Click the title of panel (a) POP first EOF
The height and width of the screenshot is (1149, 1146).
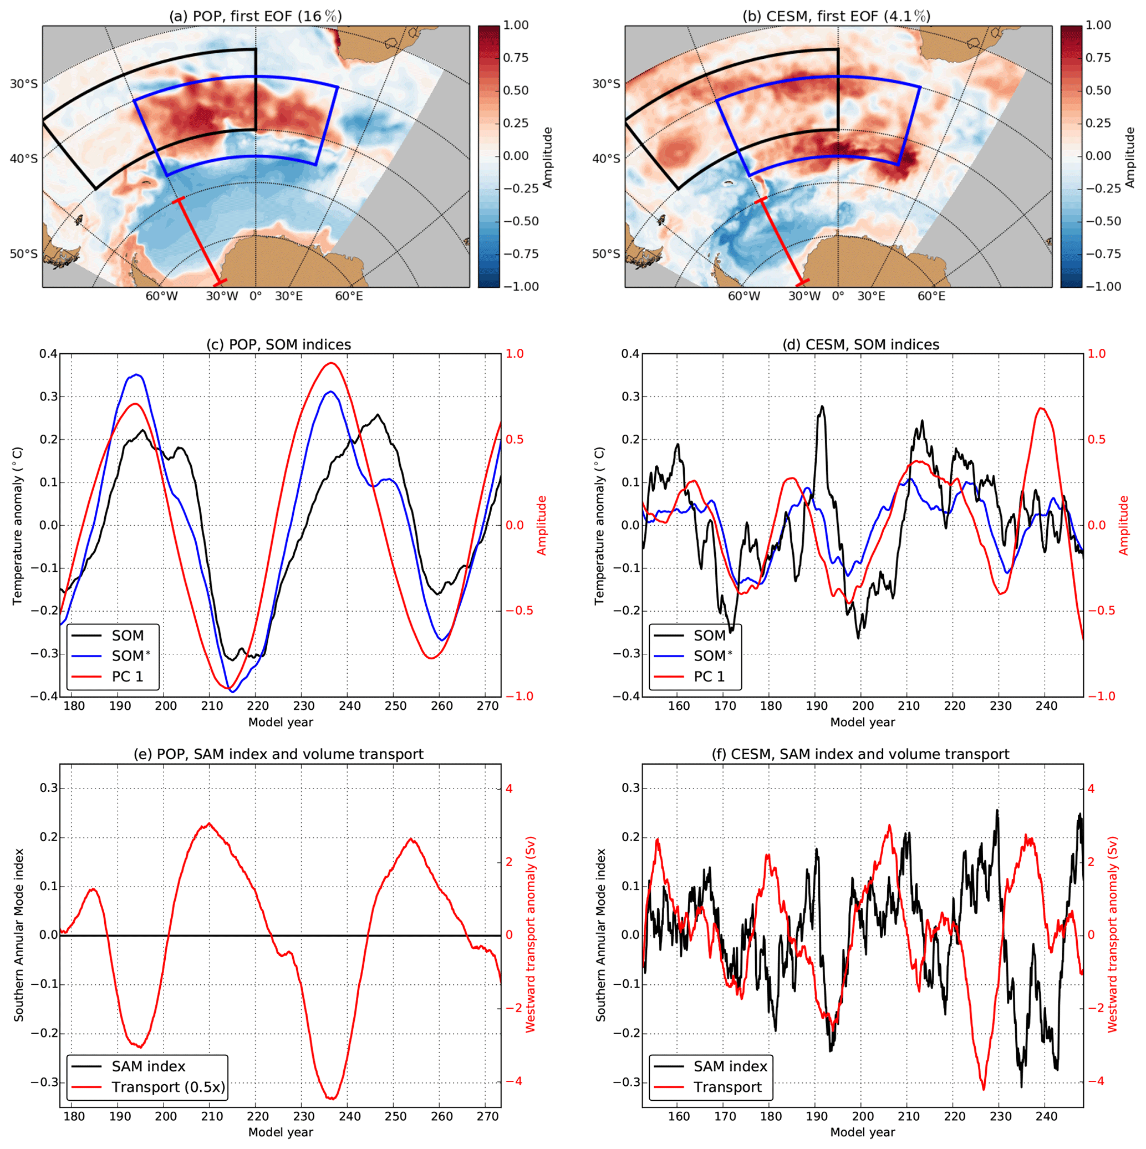256,16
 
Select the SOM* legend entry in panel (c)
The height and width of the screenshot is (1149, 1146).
130,657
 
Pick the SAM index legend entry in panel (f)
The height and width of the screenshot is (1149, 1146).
730,1067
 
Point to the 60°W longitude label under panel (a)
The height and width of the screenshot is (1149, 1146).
162,296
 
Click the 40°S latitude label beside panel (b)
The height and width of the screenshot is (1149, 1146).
605,159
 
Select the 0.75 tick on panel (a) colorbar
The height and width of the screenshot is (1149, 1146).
516,58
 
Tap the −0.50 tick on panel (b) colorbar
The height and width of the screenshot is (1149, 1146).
1098,221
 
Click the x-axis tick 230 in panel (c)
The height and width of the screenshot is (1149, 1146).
304,706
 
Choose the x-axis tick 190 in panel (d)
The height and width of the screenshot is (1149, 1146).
817,706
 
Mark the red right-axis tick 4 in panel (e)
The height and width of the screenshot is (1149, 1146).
509,789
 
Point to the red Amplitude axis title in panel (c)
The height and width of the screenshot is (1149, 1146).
542,525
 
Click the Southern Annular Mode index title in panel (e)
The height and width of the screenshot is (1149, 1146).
19,936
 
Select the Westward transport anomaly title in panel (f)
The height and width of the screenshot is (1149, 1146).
1113,936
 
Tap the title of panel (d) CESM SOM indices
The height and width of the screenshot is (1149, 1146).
862,345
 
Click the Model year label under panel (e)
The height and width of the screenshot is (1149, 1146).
281,1132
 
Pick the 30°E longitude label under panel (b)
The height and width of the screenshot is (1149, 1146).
870,296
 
